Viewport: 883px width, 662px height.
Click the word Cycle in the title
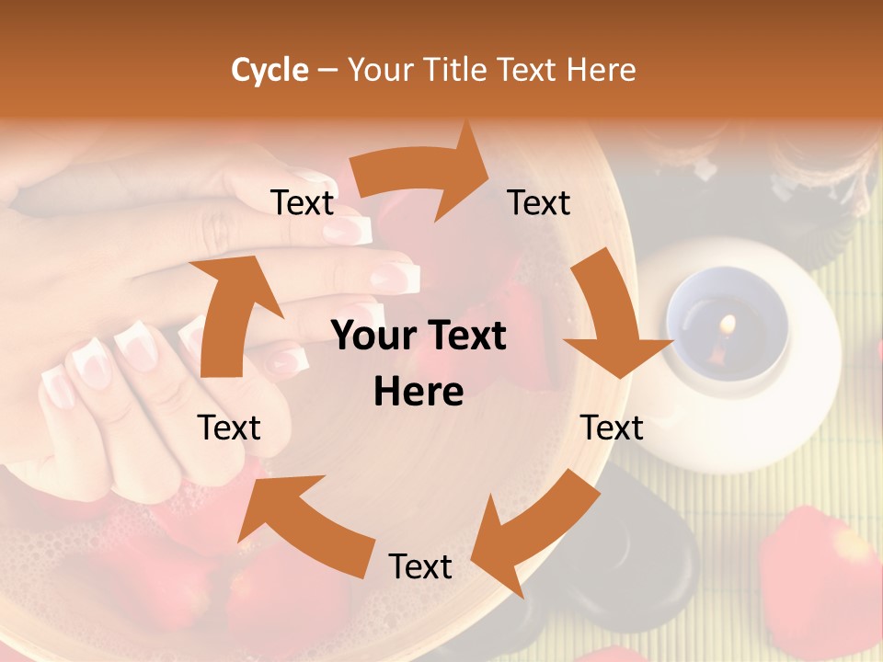click(x=269, y=70)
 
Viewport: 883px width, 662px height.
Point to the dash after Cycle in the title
click(x=328, y=70)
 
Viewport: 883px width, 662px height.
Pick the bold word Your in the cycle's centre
click(x=367, y=337)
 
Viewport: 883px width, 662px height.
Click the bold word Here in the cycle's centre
click(x=419, y=392)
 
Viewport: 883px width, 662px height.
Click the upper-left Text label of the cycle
click(x=303, y=202)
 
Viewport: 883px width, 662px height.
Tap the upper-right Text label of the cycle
click(x=539, y=202)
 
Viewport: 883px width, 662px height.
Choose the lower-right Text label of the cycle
click(x=613, y=428)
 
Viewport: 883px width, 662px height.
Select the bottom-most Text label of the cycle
click(x=420, y=566)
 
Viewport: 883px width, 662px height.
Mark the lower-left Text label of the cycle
click(x=229, y=428)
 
